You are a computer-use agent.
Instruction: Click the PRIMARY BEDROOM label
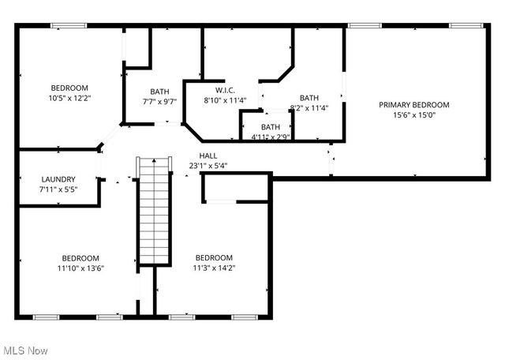[413, 105]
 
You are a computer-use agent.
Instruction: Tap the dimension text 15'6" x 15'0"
[413, 115]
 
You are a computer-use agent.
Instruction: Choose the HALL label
[208, 156]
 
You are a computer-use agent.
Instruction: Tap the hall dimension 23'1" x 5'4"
[208, 166]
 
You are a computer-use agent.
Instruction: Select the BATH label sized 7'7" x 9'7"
[159, 91]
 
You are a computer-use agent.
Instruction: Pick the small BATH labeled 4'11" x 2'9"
[271, 126]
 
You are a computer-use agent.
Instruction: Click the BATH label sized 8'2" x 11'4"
[309, 98]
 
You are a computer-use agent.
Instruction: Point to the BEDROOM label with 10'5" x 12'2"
[69, 88]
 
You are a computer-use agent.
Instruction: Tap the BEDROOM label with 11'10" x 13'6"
[80, 258]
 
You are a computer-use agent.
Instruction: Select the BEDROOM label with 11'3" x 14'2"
[214, 258]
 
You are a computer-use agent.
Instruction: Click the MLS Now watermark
[25, 350]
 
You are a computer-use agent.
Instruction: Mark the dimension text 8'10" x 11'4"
[226, 100]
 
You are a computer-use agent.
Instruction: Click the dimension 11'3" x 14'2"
[214, 268]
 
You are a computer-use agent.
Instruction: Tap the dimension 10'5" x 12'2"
[69, 98]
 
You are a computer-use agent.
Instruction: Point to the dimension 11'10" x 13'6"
[80, 268]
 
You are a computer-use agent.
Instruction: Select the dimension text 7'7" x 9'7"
[159, 101]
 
